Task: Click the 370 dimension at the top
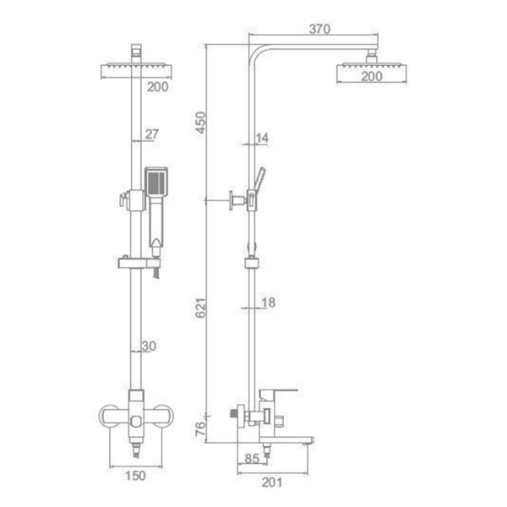[319, 29]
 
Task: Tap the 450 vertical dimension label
[201, 123]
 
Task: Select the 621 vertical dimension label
[201, 308]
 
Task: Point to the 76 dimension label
[201, 428]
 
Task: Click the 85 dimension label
[252, 459]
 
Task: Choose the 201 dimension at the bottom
[272, 482]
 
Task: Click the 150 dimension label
[135, 476]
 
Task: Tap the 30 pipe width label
[149, 346]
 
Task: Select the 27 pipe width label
[151, 134]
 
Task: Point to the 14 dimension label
[262, 138]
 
